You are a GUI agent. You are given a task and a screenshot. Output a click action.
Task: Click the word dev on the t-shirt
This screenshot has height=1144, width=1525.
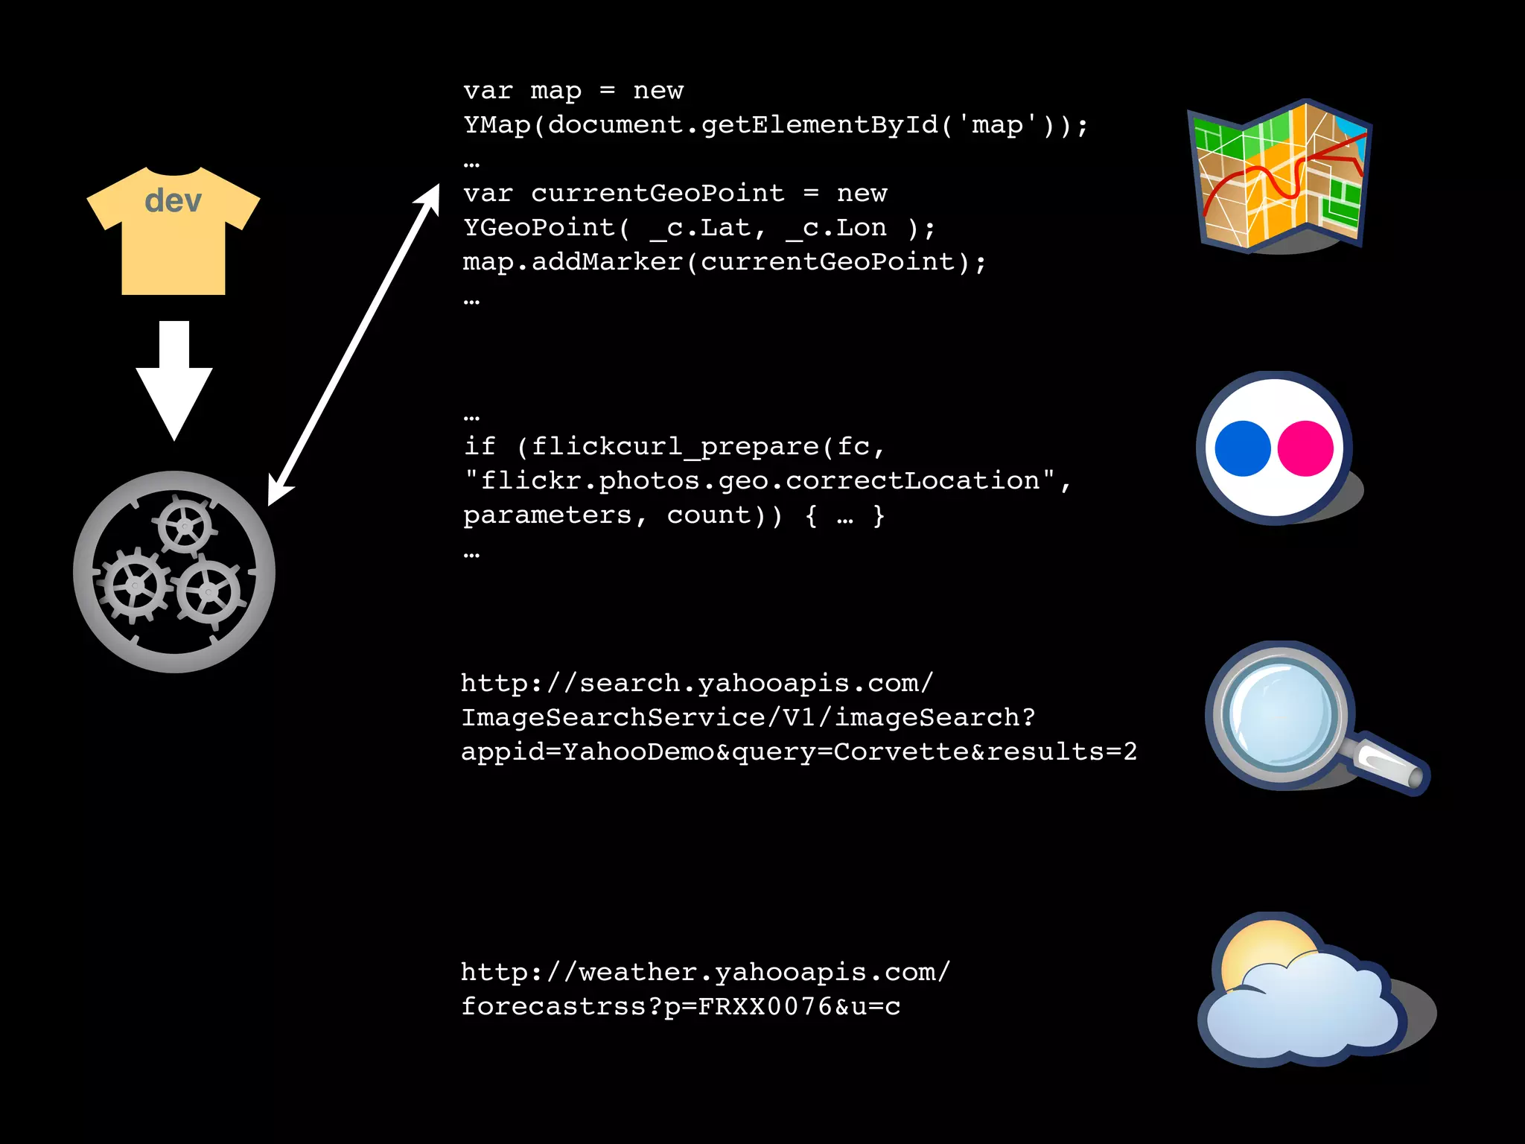[x=173, y=200]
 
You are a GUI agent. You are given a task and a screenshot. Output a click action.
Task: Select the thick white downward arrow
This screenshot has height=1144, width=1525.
[x=174, y=380]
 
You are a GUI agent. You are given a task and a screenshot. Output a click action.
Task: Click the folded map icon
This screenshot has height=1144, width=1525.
[x=1279, y=177]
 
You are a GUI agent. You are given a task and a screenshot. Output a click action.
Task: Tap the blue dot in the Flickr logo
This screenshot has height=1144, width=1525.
[x=1242, y=448]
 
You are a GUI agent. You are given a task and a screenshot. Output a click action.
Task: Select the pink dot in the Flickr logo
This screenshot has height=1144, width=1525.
[x=1305, y=448]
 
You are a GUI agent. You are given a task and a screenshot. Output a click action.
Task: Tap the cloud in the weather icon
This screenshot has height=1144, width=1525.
[x=1303, y=1009]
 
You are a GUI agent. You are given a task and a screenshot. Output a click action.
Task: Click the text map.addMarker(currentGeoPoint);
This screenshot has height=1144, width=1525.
[x=724, y=262]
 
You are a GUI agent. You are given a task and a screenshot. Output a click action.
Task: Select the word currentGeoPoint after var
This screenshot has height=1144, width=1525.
[x=658, y=194]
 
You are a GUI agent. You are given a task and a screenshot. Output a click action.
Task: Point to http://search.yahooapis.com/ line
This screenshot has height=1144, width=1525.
[x=697, y=683]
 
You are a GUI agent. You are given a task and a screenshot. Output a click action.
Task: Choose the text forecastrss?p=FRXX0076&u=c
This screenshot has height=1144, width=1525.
[x=681, y=1007]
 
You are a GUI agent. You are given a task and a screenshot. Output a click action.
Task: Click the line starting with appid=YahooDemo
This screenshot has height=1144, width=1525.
[x=798, y=751]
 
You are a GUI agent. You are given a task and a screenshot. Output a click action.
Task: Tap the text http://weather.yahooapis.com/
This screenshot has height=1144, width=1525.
[x=705, y=972]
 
